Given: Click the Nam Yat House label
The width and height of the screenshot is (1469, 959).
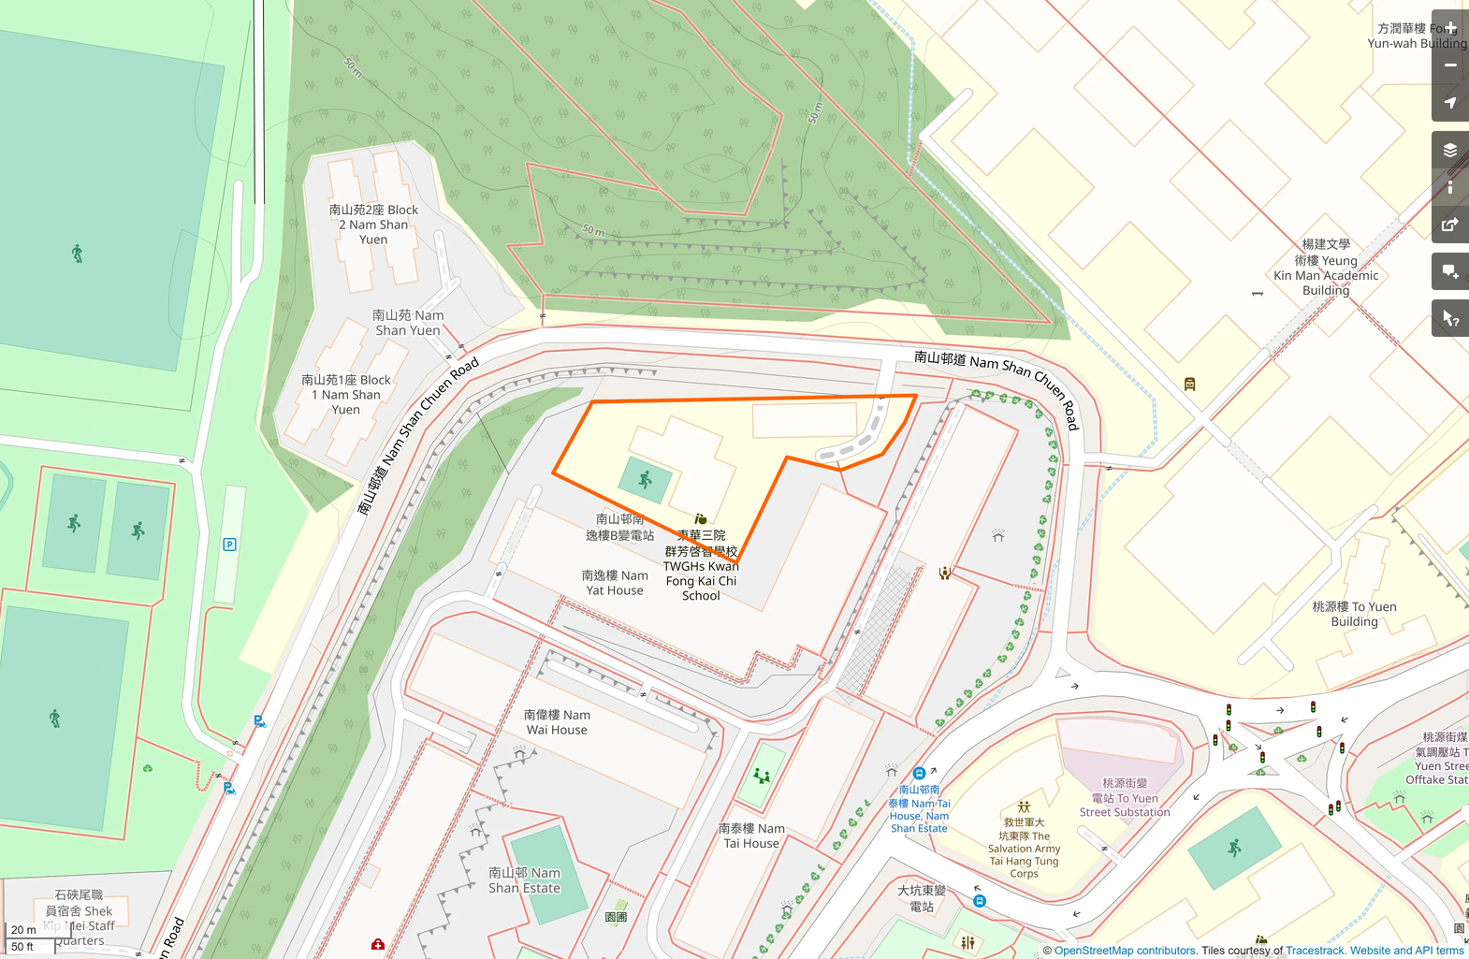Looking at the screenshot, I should [615, 583].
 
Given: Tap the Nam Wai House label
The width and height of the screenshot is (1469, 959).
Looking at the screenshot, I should [557, 722].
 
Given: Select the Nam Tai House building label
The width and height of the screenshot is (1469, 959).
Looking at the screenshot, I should [751, 835].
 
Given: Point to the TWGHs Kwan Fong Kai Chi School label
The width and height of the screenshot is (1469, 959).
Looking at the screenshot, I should [701, 565].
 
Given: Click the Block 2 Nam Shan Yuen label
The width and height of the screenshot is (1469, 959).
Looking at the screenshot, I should [373, 225].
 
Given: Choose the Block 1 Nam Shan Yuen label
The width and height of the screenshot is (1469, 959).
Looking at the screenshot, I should [345, 395].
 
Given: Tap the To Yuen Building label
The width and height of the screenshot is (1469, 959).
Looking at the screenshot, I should [1354, 614].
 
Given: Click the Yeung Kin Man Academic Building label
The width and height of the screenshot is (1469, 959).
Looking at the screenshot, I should [1326, 268].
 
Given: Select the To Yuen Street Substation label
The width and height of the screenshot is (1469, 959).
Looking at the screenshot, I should [1125, 797].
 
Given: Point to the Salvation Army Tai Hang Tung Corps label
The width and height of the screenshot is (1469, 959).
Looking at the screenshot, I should [1024, 848].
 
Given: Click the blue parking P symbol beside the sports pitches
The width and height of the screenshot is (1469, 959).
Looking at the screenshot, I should [229, 545].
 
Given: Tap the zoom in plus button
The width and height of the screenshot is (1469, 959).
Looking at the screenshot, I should [1450, 28].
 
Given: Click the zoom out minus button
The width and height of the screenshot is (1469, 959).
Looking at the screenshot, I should [1450, 65].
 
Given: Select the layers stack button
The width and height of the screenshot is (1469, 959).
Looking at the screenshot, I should [1450, 150].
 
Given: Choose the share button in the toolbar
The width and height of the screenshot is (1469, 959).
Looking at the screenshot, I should [1450, 225].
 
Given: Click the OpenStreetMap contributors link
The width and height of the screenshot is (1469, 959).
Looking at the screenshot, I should [1126, 951].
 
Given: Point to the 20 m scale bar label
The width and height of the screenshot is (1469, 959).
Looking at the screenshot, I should [23, 930].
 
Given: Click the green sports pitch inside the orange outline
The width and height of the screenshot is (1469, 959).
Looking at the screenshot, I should [645, 480].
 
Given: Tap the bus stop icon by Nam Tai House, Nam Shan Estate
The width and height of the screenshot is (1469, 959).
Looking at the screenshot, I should [919, 774].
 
